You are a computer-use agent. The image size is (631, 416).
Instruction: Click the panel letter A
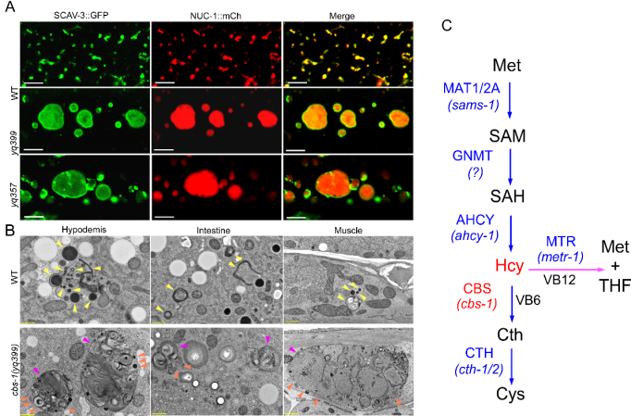[x=8, y=6]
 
